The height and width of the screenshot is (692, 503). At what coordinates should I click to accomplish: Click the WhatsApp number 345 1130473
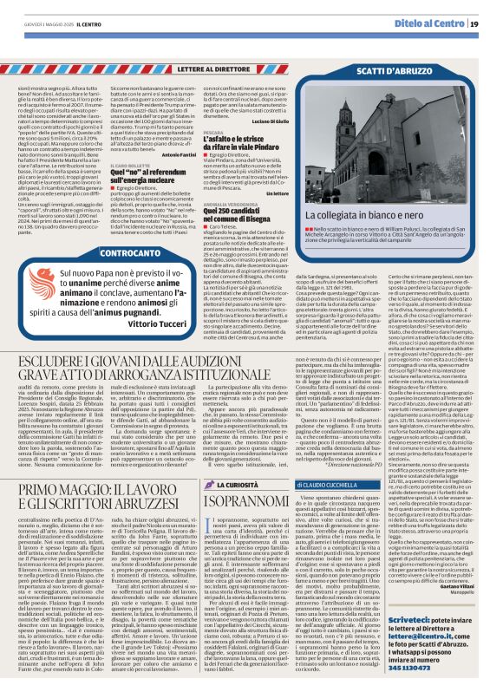(x=437, y=668)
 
